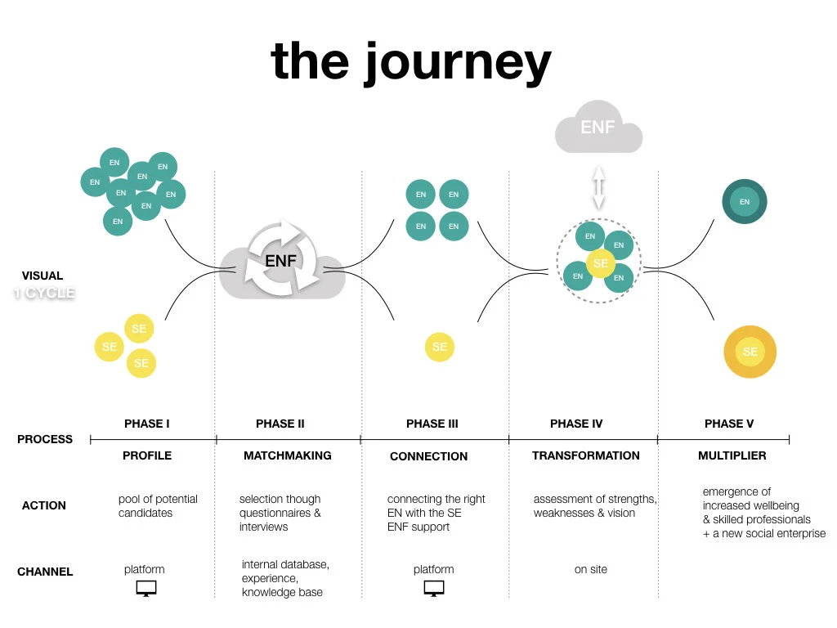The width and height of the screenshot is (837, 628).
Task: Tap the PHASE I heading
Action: (147, 424)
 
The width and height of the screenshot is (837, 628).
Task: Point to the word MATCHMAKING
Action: (288, 455)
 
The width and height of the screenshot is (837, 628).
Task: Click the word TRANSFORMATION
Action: (586, 455)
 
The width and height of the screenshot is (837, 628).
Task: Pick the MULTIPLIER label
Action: (732, 455)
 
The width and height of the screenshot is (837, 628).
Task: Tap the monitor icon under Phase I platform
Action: (145, 589)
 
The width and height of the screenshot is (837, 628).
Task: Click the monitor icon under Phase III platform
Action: (434, 589)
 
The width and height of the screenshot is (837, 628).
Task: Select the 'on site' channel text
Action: (591, 569)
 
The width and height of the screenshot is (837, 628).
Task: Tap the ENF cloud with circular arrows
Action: (282, 262)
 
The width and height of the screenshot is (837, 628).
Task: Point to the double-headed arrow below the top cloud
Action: (598, 187)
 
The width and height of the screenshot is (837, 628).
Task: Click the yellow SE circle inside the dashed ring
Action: (601, 263)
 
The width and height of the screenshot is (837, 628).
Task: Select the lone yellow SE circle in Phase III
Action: (440, 347)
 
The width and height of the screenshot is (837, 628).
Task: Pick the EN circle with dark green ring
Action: (745, 202)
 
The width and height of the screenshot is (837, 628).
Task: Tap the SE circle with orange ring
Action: (750, 352)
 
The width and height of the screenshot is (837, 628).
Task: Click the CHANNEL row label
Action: (45, 572)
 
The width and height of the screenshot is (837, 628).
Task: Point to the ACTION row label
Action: (43, 506)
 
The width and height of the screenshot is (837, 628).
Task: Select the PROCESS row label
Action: (45, 439)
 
